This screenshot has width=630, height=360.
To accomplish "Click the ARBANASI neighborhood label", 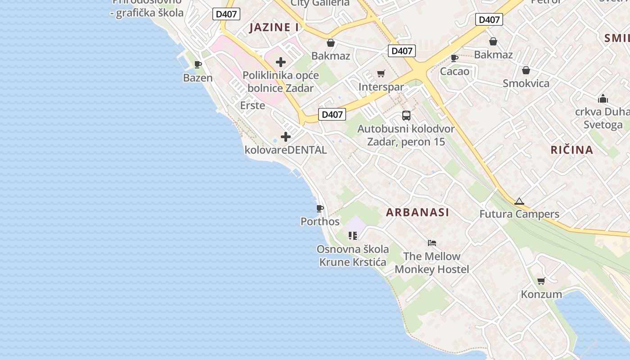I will tap(417, 212).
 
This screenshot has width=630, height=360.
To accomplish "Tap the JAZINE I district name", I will tap(274, 27).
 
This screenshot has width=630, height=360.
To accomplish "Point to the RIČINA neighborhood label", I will tap(571, 150).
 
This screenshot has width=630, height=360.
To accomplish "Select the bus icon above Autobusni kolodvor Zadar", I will tap(406, 116).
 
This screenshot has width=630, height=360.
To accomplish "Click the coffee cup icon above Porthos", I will tap(319, 208).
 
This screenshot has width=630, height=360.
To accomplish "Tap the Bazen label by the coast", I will tap(198, 78).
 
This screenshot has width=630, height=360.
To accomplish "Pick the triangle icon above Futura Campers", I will tap(519, 201).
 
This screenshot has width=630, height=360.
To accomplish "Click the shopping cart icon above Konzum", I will tap(541, 281).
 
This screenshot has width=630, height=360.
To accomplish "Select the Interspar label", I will tap(381, 87).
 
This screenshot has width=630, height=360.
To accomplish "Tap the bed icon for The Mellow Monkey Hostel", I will tap(432, 243).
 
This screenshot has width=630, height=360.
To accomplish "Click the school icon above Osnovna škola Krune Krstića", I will tap(352, 235).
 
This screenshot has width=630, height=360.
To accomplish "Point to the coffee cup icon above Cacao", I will tap(454, 58).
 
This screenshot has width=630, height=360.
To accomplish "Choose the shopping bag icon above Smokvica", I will tap(526, 70).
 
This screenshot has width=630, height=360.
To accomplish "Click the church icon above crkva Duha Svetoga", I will tap(603, 99).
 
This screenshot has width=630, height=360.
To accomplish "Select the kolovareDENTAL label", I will tap(286, 150).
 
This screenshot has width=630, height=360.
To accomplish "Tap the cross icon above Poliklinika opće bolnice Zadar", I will tap(281, 62).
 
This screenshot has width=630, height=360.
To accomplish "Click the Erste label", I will tap(252, 105).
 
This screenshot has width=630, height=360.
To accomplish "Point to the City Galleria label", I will tap(320, 3).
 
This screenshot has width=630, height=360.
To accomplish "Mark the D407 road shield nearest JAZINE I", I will tap(226, 14).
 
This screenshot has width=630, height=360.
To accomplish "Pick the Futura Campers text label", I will tap(519, 214).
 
